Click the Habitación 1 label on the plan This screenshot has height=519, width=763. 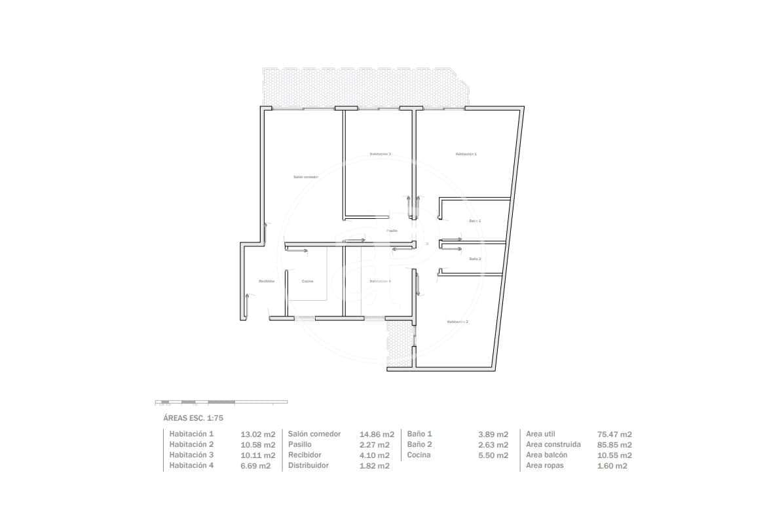tap(466, 154)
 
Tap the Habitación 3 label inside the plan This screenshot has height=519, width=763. tap(380, 154)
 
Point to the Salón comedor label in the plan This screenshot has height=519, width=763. tap(306, 177)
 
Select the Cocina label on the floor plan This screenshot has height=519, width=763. tap(307, 281)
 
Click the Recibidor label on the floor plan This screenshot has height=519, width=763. tap(267, 281)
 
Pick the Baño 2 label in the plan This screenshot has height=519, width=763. tap(475, 259)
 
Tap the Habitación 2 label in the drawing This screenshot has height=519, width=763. tap(457, 322)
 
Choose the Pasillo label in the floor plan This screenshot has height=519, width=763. tap(392, 231)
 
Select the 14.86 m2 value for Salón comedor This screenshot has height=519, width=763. tap(377, 434)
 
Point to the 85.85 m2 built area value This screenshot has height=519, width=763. tap(614, 444)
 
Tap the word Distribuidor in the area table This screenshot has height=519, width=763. tap(308, 465)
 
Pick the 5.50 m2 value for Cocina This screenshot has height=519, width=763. tap(494, 455)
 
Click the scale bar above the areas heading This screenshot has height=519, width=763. tap(221, 401)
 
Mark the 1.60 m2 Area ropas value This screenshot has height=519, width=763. tap(612, 465)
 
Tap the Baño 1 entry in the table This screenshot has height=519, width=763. tap(420, 434)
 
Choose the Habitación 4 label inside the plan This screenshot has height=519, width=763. tap(380, 281)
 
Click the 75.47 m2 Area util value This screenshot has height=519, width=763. tap(614, 434)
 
